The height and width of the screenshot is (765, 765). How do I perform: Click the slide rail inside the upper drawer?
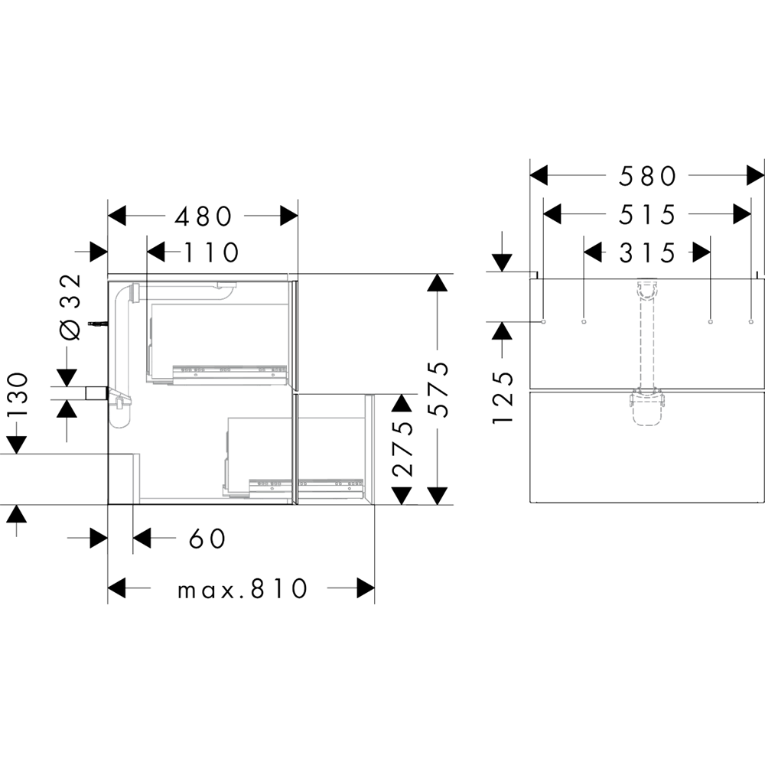(229, 373)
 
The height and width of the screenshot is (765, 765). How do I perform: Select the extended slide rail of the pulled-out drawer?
(330, 483)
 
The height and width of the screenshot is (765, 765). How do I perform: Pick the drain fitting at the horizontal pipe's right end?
(226, 287)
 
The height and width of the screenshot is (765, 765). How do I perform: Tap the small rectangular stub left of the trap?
(96, 394)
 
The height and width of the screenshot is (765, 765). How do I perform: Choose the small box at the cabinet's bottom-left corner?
(123, 479)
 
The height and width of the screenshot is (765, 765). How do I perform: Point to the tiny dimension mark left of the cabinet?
(96, 324)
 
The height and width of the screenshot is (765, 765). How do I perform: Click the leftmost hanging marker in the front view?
(543, 322)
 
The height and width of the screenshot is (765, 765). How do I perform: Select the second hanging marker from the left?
(584, 322)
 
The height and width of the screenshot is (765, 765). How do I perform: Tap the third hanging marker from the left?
(711, 322)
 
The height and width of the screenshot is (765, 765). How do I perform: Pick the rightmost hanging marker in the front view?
(751, 322)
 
